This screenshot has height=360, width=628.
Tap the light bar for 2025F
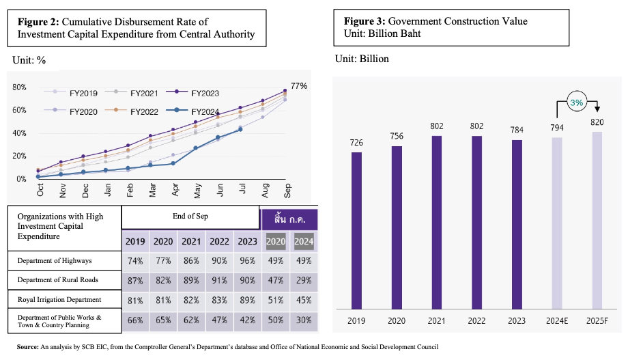click(597, 221)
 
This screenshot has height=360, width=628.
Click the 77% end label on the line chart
click(299, 86)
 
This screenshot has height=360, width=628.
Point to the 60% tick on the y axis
click(19, 110)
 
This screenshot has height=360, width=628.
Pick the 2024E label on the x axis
click(557, 321)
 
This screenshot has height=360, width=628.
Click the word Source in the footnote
click(27, 347)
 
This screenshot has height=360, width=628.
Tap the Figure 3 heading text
click(436, 21)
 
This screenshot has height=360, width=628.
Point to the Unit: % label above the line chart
click(29, 60)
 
